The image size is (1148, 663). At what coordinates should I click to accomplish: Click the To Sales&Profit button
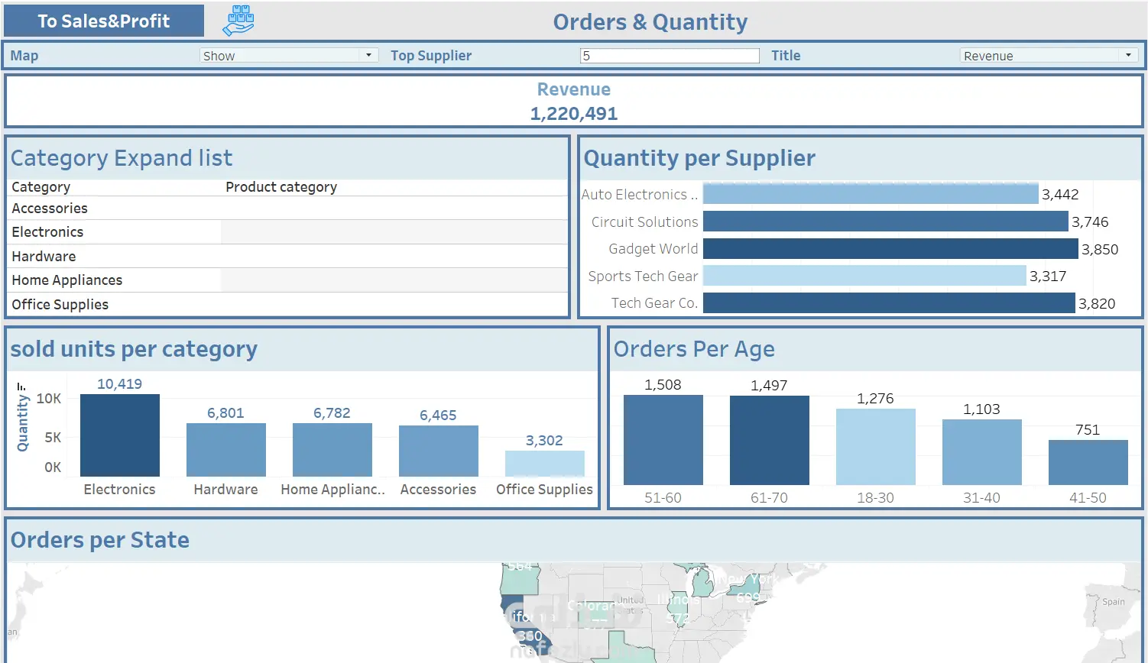tap(104, 21)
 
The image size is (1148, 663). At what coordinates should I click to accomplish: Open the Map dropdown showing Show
tap(289, 56)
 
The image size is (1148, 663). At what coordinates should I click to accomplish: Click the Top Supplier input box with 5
tap(670, 56)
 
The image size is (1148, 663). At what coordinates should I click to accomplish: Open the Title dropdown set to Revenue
tap(1048, 56)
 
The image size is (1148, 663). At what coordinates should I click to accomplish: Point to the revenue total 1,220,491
tap(574, 114)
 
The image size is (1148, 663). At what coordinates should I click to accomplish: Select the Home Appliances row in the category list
tap(67, 280)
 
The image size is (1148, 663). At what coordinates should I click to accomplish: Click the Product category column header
tap(281, 187)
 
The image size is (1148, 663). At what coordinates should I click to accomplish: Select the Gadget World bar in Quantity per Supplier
tap(890, 249)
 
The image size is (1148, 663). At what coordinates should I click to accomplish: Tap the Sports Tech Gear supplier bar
tap(864, 276)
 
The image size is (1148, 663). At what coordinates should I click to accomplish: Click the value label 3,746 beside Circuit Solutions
tap(1090, 222)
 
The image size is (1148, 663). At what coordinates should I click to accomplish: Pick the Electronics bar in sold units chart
tap(120, 435)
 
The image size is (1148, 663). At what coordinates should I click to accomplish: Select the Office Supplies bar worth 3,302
tap(545, 464)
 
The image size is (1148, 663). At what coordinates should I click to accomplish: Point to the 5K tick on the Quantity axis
tap(53, 438)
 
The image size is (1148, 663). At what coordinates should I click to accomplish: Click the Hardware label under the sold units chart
tap(225, 490)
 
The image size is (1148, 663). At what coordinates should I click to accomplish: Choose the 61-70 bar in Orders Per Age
tap(770, 440)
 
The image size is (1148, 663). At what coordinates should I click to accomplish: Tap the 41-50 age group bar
tap(1088, 462)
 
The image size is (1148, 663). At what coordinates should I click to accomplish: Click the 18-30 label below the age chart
tap(875, 498)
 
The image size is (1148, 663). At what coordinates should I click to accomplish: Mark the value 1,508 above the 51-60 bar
tap(663, 385)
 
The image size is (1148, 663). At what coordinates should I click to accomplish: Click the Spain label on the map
tap(1114, 602)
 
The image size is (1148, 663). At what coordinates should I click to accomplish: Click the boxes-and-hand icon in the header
tap(238, 21)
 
